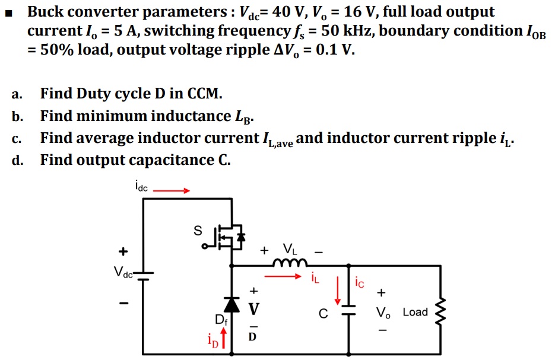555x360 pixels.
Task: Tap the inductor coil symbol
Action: [291, 262]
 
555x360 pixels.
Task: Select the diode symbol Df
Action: [231, 304]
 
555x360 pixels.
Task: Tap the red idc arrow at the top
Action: [172, 191]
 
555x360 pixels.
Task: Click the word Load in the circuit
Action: [415, 312]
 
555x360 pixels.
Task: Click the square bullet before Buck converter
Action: [8, 12]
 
